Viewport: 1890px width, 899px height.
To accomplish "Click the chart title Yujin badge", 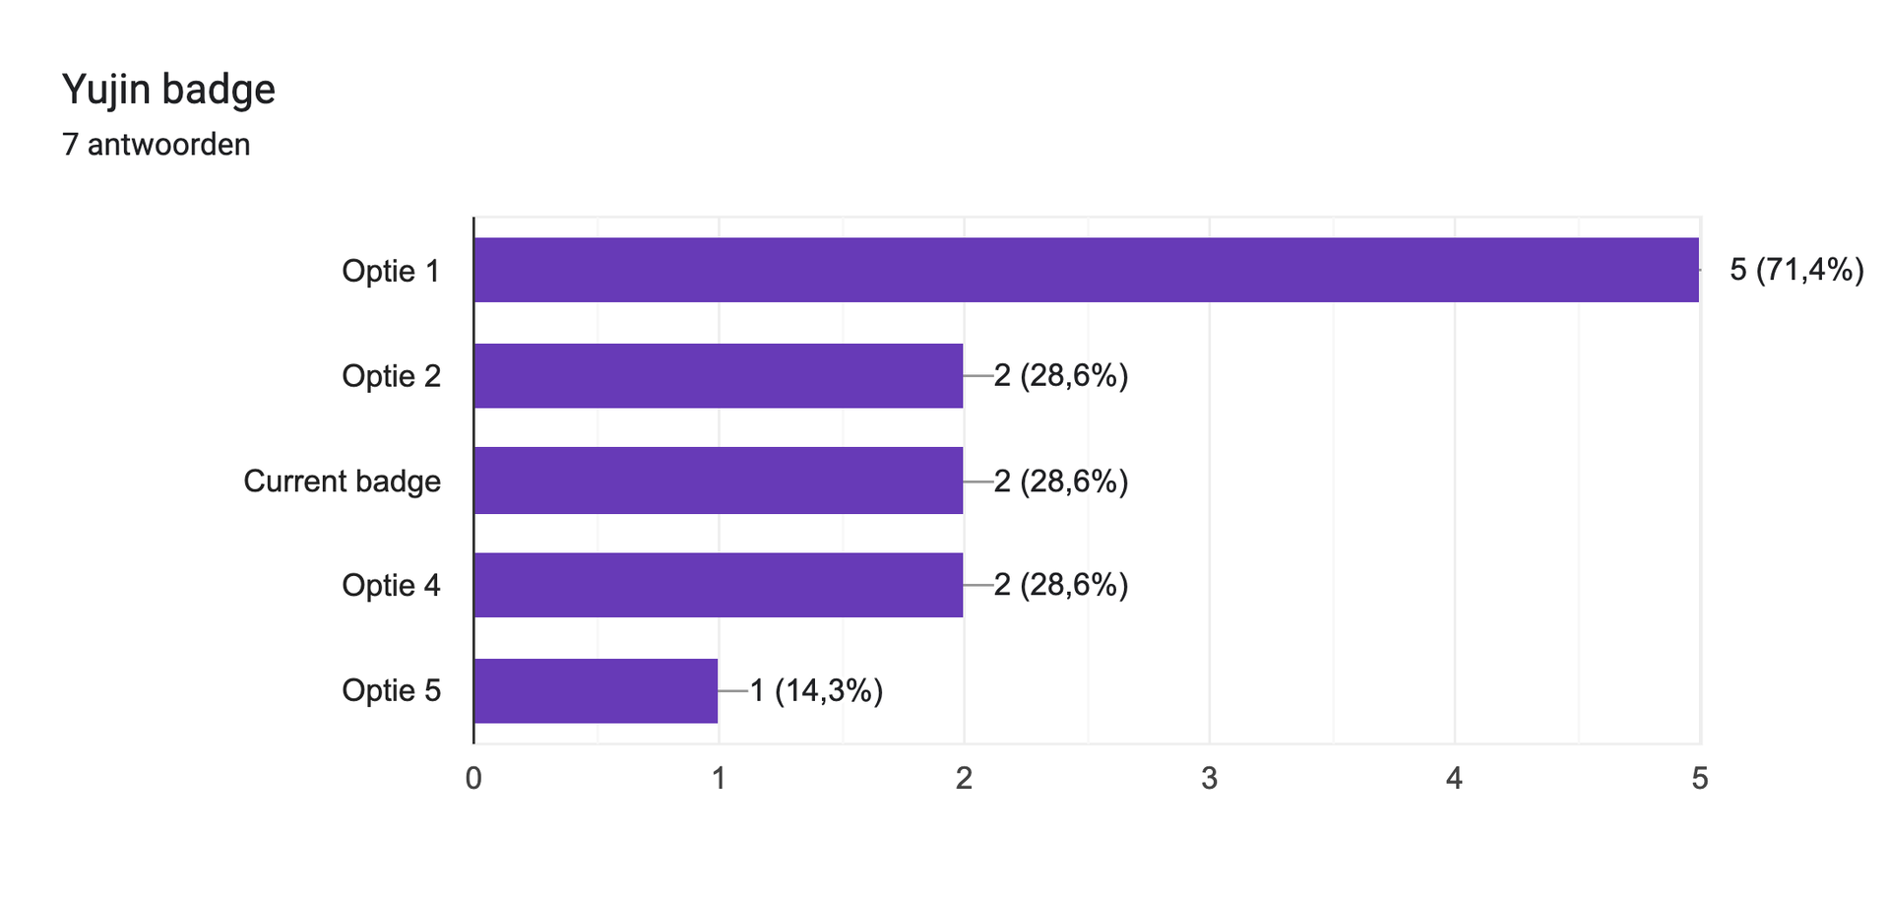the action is click(168, 91).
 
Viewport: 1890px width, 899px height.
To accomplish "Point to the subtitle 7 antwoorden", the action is click(156, 145).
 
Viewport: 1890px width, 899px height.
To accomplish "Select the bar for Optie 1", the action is click(1087, 270).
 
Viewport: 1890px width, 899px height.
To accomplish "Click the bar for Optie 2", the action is click(719, 375).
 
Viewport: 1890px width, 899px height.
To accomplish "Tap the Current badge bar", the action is click(719, 481).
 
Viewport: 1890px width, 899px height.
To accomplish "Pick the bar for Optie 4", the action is click(719, 585).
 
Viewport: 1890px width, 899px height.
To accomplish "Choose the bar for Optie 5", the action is click(597, 690).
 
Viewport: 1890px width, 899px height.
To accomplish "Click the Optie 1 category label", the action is click(391, 271).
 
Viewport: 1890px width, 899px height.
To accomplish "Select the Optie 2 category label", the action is click(391, 376).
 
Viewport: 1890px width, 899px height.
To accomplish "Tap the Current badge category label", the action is click(342, 482).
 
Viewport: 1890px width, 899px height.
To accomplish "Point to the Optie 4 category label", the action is click(391, 586).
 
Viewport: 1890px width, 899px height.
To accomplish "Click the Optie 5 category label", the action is click(391, 691).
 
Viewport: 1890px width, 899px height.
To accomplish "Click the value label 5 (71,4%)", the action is click(1796, 270).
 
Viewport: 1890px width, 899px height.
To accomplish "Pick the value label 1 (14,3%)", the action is click(816, 691).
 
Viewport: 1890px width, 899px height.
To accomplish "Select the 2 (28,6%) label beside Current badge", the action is click(1061, 482).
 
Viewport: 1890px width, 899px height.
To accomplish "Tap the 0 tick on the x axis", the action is click(473, 779).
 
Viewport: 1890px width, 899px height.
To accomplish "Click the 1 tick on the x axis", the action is click(719, 779).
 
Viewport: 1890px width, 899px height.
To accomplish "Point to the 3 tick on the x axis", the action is click(1209, 779).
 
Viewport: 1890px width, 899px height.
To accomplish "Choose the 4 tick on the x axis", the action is click(1454, 779).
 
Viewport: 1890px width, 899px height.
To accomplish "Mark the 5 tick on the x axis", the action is click(1699, 779).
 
